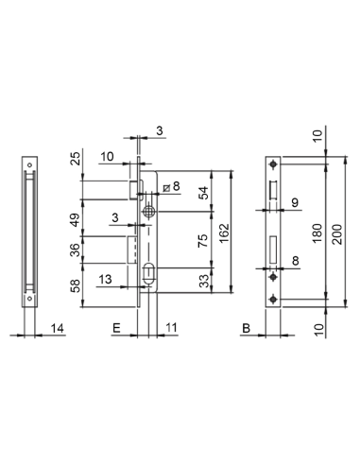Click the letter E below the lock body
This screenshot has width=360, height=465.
116,328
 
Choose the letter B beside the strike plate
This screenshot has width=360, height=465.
245,328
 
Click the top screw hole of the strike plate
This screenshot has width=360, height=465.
273,166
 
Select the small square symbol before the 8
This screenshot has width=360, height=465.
166,186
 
